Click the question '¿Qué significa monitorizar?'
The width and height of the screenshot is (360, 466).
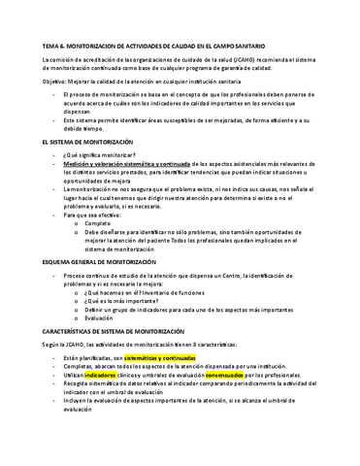pos(98,155)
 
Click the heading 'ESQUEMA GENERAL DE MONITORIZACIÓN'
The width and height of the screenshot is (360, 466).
pos(105,261)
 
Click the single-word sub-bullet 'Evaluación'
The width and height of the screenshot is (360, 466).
pos(100,320)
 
